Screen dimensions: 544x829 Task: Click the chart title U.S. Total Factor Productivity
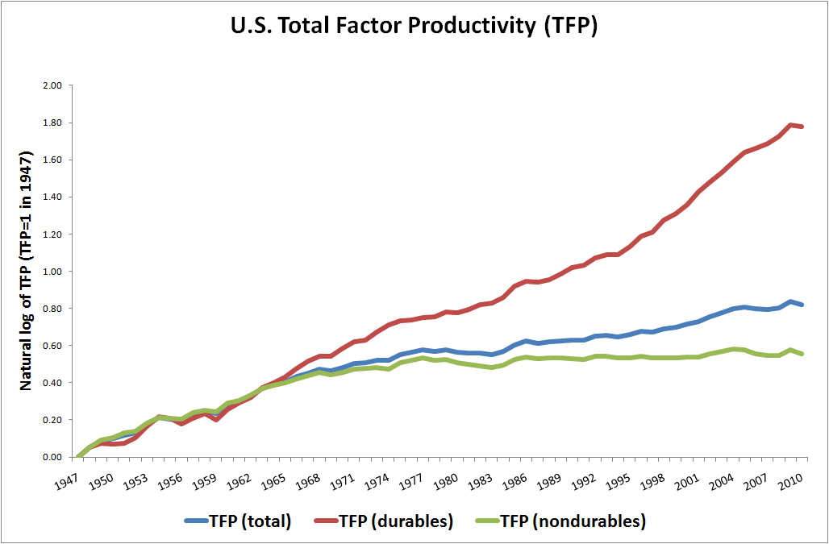414,26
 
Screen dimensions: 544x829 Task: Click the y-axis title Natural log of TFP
26,271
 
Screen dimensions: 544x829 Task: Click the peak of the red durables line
791,124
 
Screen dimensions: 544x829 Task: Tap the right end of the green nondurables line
802,354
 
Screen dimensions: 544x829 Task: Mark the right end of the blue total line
802,305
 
